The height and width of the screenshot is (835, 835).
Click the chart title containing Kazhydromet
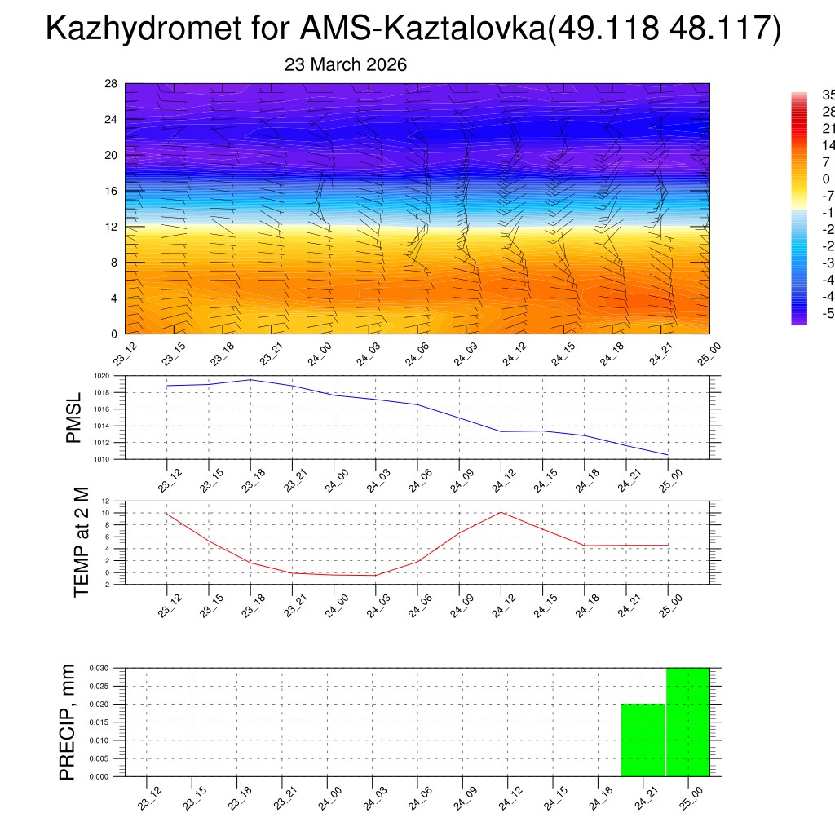414,29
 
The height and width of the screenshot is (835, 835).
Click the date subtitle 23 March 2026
346,64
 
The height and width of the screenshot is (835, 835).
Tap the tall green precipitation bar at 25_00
687,722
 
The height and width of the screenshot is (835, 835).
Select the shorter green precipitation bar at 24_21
643,740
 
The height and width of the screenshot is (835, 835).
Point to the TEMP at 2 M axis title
81,541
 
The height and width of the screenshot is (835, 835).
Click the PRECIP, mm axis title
67,722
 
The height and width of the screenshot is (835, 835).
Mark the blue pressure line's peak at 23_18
250,380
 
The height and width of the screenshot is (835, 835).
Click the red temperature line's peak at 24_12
501,512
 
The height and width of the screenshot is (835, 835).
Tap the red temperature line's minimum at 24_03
376,576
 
